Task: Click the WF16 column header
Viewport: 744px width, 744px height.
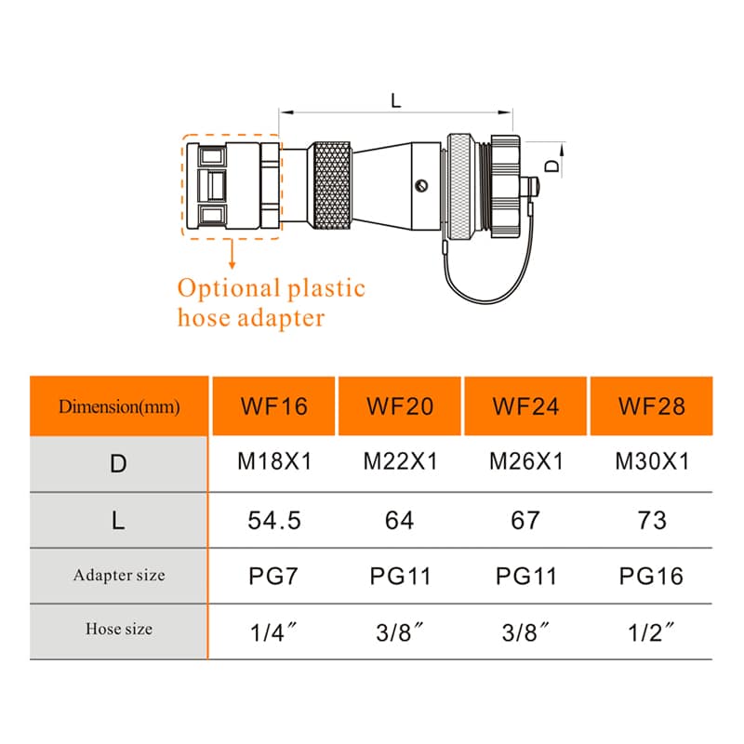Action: [273, 406]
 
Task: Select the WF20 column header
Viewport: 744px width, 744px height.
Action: [400, 406]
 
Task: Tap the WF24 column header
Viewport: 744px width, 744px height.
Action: [525, 406]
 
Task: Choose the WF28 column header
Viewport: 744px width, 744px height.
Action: [652, 406]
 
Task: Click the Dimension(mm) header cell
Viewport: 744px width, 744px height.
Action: [118, 406]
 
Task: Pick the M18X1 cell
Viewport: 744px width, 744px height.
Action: [273, 462]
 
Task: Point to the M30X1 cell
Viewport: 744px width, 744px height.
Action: [652, 462]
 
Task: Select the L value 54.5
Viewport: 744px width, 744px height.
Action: [273, 520]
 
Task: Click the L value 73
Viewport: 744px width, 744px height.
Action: [652, 520]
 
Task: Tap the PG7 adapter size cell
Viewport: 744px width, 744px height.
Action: [273, 576]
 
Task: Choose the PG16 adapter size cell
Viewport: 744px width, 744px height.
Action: [652, 576]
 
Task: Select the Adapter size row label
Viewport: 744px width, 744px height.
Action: [118, 576]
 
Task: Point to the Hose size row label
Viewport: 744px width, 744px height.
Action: [118, 630]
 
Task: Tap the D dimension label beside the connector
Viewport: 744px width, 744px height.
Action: [551, 166]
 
